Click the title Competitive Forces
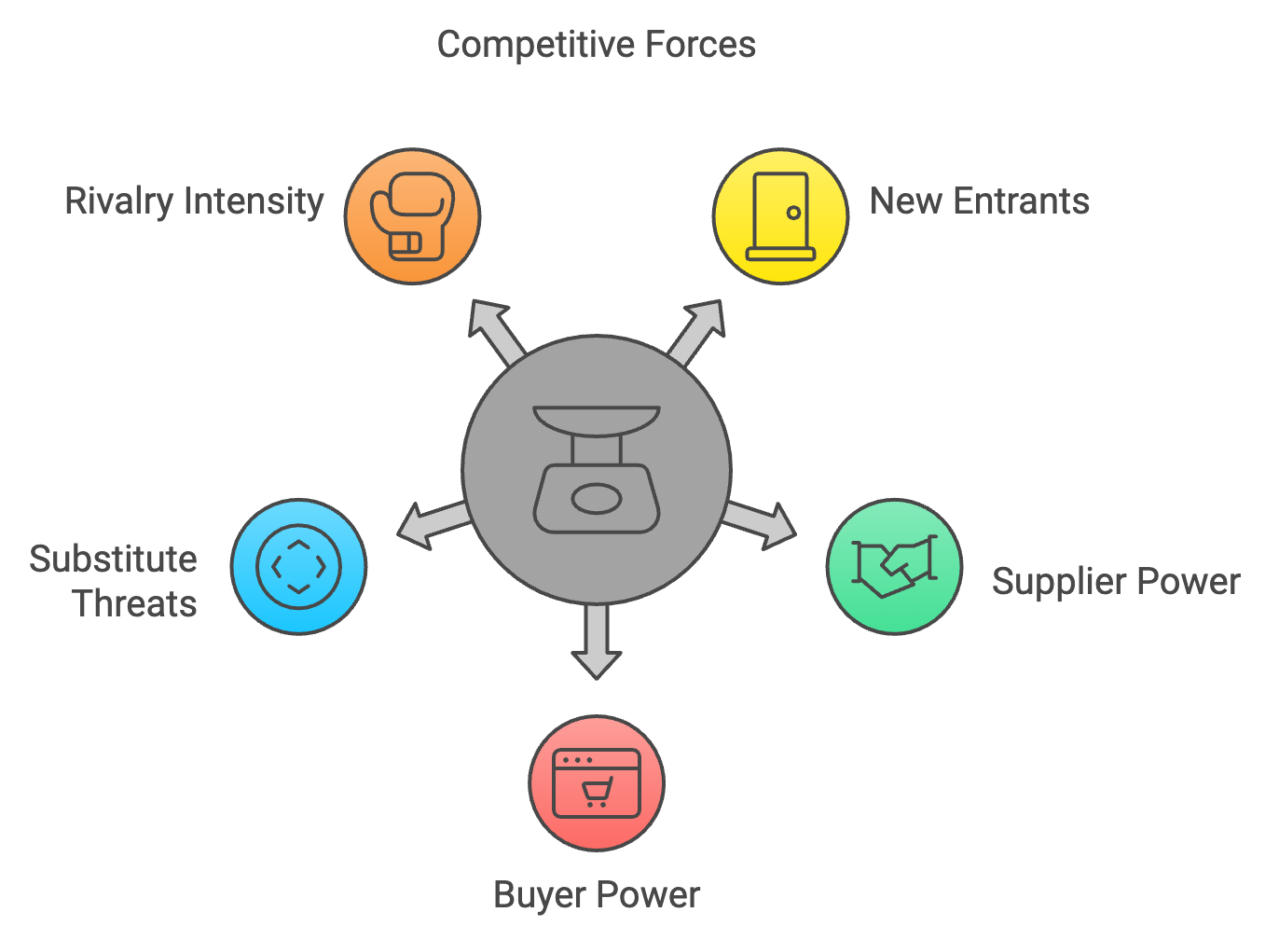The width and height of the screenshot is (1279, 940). pos(596,46)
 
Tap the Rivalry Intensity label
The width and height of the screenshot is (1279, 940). pos(194,201)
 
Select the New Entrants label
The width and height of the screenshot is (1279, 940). pos(979,201)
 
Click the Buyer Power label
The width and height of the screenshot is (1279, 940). pos(596,895)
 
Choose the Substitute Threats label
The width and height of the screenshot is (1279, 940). pos(113,581)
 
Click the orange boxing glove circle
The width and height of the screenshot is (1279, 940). pos(412,215)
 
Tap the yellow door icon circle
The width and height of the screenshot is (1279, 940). pos(780,215)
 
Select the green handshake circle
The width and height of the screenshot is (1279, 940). pos(894,566)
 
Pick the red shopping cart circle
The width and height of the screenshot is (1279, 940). pos(597,783)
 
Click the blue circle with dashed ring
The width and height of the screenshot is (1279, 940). pos(298,566)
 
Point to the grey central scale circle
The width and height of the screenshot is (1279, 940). pos(597,469)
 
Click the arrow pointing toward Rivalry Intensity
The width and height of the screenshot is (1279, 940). pos(494,330)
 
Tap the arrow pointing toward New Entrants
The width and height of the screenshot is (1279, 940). pos(697,330)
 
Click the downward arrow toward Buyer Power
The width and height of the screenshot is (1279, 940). pos(597,642)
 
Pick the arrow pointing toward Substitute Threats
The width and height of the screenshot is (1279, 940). pos(434,524)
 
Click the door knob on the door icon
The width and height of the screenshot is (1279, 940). pos(793,213)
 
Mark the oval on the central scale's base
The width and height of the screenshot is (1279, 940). pos(597,499)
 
